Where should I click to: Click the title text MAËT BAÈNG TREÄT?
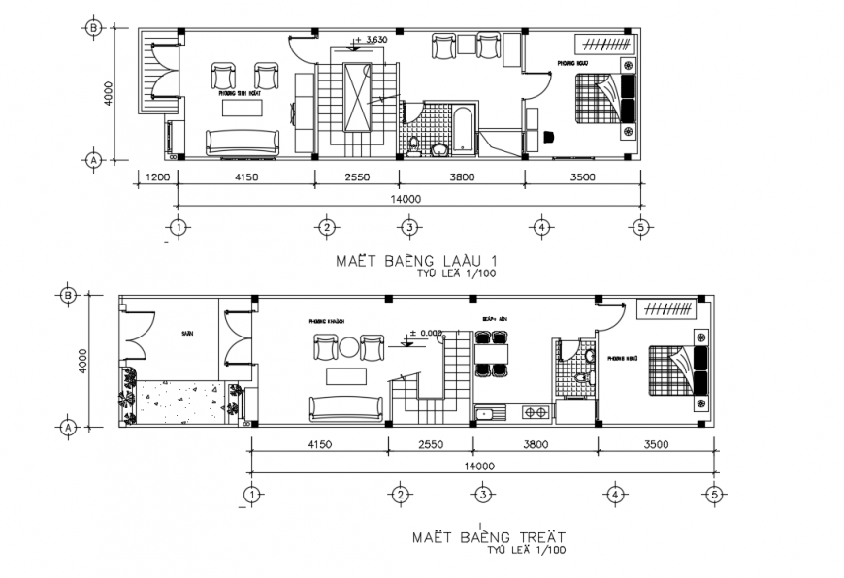pyautogui.click(x=487, y=535)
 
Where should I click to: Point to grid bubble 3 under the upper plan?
pyautogui.click(x=410, y=228)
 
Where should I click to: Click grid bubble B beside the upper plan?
pyautogui.click(x=94, y=28)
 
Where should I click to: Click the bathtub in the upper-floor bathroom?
pyautogui.click(x=464, y=131)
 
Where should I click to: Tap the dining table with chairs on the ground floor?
pyautogui.click(x=492, y=353)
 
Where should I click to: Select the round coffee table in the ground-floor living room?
pyautogui.click(x=346, y=347)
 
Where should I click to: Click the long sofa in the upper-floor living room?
pyautogui.click(x=242, y=143)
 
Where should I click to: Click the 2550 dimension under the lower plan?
pyautogui.click(x=430, y=445)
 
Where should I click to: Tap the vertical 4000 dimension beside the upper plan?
pyautogui.click(x=110, y=94)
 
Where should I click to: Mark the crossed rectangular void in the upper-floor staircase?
pyautogui.click(x=356, y=96)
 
